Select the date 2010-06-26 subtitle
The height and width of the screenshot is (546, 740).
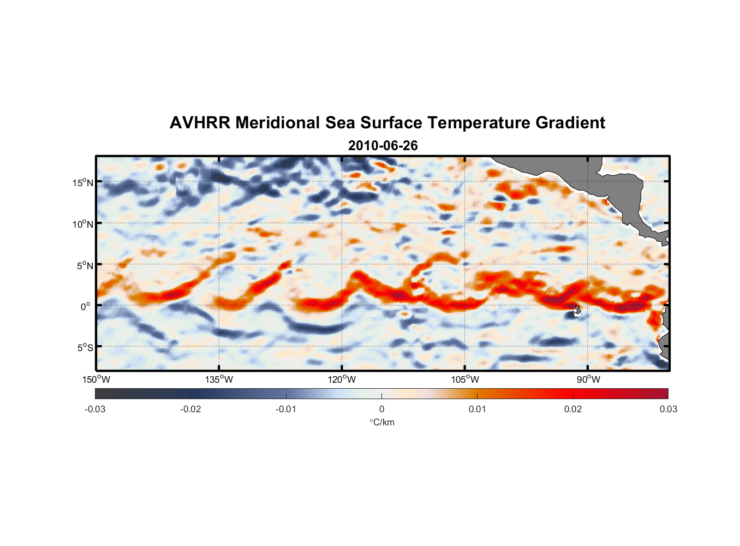point(383,146)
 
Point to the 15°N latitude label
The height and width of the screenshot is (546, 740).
point(83,182)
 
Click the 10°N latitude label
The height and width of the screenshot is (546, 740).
point(83,224)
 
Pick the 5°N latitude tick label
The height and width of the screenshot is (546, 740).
point(85,265)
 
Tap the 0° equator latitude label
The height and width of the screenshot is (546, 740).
point(86,306)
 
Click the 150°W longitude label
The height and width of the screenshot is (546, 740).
point(96,379)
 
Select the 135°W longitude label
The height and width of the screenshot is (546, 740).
point(219,379)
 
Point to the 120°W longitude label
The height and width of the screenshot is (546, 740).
point(342,379)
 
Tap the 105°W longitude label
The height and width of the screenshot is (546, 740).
point(464,379)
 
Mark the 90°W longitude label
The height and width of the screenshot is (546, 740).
point(588,379)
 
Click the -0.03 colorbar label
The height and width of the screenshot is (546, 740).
point(95,409)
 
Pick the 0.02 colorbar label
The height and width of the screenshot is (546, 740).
point(573,409)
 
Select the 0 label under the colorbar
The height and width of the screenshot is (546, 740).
point(381,409)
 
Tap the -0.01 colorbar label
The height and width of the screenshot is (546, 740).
point(286,409)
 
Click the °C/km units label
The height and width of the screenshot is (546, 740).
point(381,422)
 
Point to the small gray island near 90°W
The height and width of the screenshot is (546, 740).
point(577,310)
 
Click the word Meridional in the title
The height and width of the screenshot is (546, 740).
point(278,123)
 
